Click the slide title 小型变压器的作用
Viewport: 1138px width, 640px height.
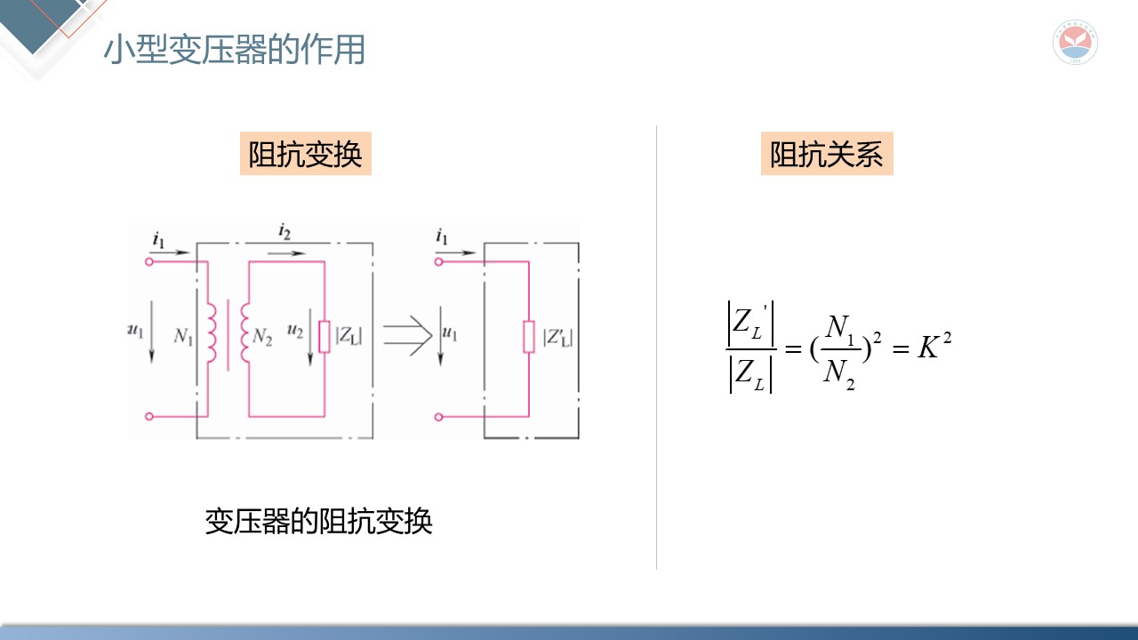234,50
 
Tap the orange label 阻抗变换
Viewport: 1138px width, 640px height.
305,155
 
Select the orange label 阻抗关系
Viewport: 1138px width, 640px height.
826,155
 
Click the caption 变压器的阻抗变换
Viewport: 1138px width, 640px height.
318,521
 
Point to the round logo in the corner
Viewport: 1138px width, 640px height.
1075,42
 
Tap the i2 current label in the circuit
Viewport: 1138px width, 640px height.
284,234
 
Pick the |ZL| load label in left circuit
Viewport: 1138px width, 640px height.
348,336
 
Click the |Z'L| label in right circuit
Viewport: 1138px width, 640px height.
557,338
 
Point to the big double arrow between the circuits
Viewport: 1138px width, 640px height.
407,336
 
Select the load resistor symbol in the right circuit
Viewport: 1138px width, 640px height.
529,338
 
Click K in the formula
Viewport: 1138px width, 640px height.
928,348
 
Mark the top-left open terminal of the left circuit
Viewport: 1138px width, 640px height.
148,261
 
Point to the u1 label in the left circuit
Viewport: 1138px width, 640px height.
136,331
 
